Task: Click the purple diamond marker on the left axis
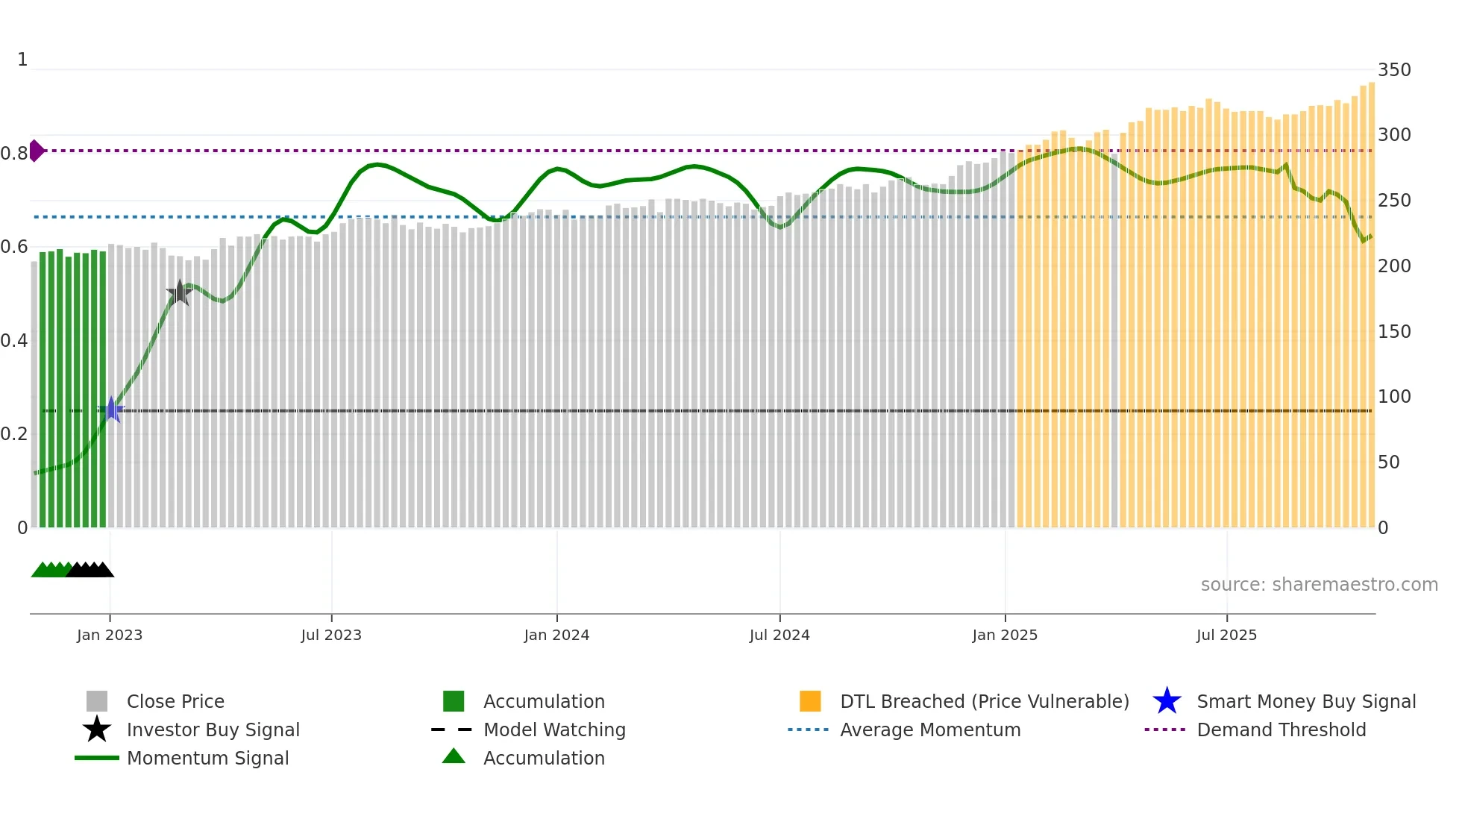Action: (x=36, y=151)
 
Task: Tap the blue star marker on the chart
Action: (x=111, y=410)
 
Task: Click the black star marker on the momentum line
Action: (x=179, y=293)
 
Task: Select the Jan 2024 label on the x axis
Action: (x=556, y=635)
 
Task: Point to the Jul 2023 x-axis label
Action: (x=331, y=635)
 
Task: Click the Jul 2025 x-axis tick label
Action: (x=1226, y=635)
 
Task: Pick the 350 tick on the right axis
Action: (x=1394, y=70)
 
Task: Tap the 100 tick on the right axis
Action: (x=1394, y=397)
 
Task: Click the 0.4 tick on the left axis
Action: (x=14, y=341)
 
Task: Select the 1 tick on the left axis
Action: (x=22, y=60)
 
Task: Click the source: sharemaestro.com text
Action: (x=1319, y=585)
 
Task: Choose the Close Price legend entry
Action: (x=175, y=701)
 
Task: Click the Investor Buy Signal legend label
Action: (x=213, y=730)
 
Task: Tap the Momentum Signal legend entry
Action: (x=207, y=758)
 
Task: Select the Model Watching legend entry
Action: (x=554, y=730)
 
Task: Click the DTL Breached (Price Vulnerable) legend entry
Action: (x=984, y=701)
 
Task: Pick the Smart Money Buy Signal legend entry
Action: (x=1305, y=701)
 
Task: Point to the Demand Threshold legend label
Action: (x=1281, y=730)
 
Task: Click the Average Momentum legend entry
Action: (x=930, y=730)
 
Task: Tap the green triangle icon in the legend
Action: (x=454, y=756)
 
